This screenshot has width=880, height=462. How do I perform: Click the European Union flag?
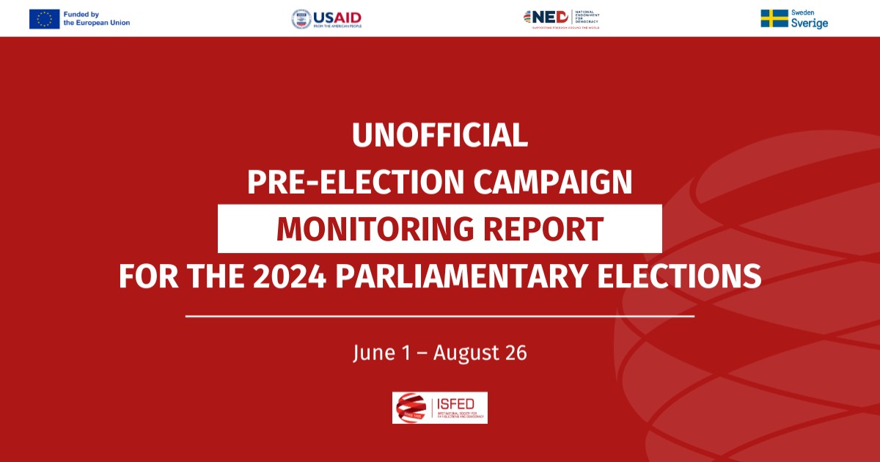coord(44,18)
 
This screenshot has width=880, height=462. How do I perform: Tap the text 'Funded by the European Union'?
coord(96,18)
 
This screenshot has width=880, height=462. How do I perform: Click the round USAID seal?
coord(301,18)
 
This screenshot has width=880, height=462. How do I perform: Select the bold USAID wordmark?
coord(337,16)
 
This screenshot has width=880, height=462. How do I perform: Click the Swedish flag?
coord(774,18)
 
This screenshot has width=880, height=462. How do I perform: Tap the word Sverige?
coord(810,23)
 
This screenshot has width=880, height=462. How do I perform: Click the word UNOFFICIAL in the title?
coord(440,135)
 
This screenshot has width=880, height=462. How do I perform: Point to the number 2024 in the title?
coord(283,276)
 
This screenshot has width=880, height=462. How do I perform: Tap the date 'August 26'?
coord(480,353)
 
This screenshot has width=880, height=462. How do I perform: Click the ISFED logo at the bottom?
coord(440,408)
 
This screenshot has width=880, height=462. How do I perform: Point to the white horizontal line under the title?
coord(440,316)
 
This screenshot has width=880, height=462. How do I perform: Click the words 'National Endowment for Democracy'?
coord(587,17)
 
